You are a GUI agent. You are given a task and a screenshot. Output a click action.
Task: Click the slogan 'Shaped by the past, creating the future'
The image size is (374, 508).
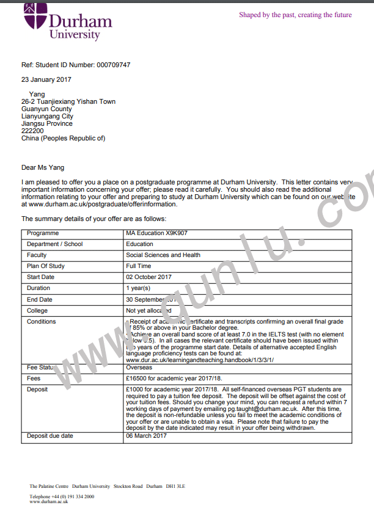point(295,15)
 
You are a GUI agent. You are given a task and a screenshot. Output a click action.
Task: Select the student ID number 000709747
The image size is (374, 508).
point(114,65)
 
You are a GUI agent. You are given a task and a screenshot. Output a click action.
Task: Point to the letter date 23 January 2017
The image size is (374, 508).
point(46,80)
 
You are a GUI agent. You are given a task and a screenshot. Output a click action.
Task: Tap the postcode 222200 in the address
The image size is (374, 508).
point(32,131)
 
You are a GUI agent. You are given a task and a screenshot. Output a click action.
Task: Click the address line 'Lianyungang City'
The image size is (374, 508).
point(47,116)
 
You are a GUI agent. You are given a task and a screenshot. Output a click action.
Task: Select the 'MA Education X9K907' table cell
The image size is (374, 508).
point(156,233)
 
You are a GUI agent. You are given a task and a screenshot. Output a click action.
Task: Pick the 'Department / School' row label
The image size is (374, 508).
point(55,244)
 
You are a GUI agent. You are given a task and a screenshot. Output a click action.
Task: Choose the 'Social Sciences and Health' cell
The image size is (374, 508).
point(163,255)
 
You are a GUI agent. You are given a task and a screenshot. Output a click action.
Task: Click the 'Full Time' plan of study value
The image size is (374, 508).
point(139,266)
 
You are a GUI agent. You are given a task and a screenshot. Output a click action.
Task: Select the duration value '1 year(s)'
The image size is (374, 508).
point(138,288)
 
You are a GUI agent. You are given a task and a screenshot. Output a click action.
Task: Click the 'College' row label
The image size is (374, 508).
point(37,310)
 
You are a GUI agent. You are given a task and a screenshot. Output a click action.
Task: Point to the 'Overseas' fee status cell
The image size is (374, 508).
point(139,368)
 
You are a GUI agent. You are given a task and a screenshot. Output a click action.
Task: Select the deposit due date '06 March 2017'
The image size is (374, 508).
point(146,436)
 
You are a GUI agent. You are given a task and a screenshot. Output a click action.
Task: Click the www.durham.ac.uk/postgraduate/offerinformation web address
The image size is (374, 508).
point(100,205)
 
